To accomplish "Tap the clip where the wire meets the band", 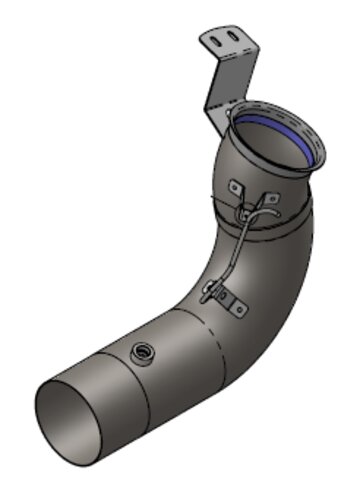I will tap(244, 211).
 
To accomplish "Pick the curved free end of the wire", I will tap(272, 203).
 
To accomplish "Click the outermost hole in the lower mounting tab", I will tap(240, 309).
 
